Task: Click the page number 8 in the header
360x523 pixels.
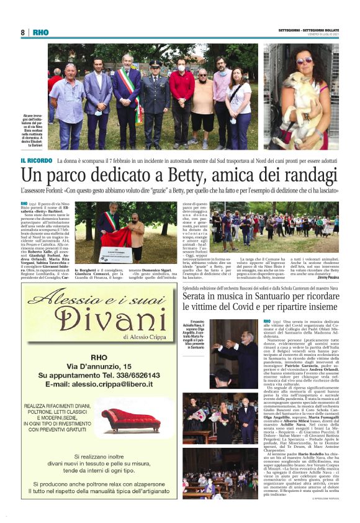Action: pyautogui.click(x=22, y=32)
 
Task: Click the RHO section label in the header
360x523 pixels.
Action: pyautogui.click(x=40, y=32)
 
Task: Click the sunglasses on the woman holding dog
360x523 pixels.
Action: pyautogui.click(x=304, y=60)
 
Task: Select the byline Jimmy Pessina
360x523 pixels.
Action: pyautogui.click(x=344, y=278)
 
